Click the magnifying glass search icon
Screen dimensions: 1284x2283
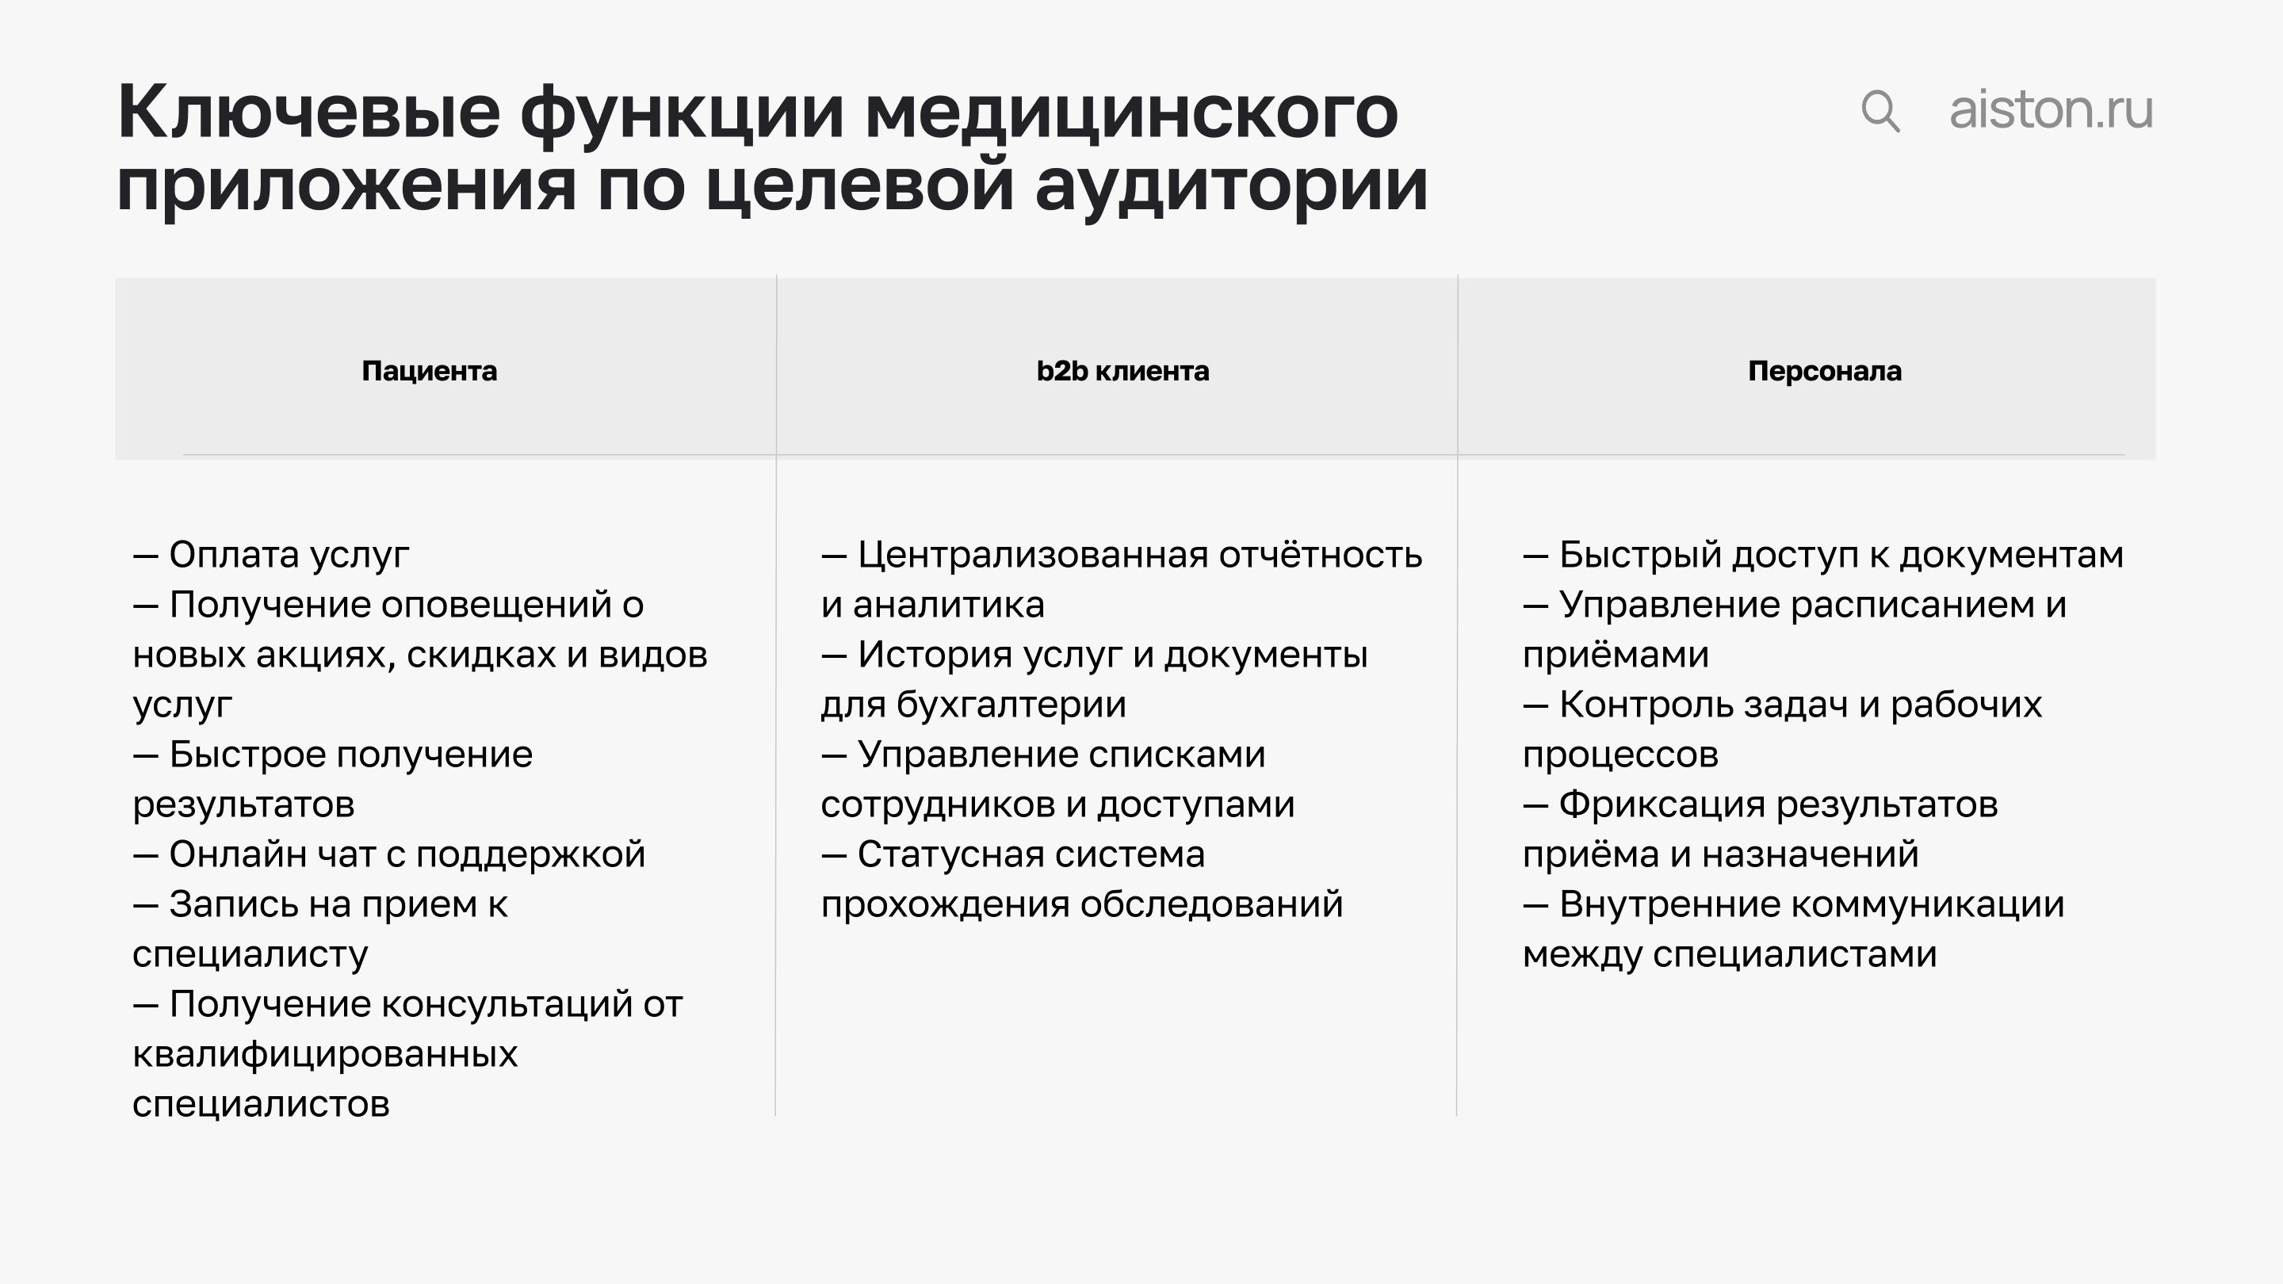(1880, 112)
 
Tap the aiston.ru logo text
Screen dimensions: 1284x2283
(2051, 110)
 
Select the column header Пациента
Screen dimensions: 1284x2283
(429, 370)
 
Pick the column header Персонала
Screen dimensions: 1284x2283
(1824, 370)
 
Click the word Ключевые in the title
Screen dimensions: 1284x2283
(308, 113)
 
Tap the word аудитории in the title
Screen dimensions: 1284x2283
(1231, 185)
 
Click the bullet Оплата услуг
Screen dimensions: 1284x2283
(288, 555)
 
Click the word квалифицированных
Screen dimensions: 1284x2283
(324, 1054)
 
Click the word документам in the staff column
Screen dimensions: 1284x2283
(2011, 555)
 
